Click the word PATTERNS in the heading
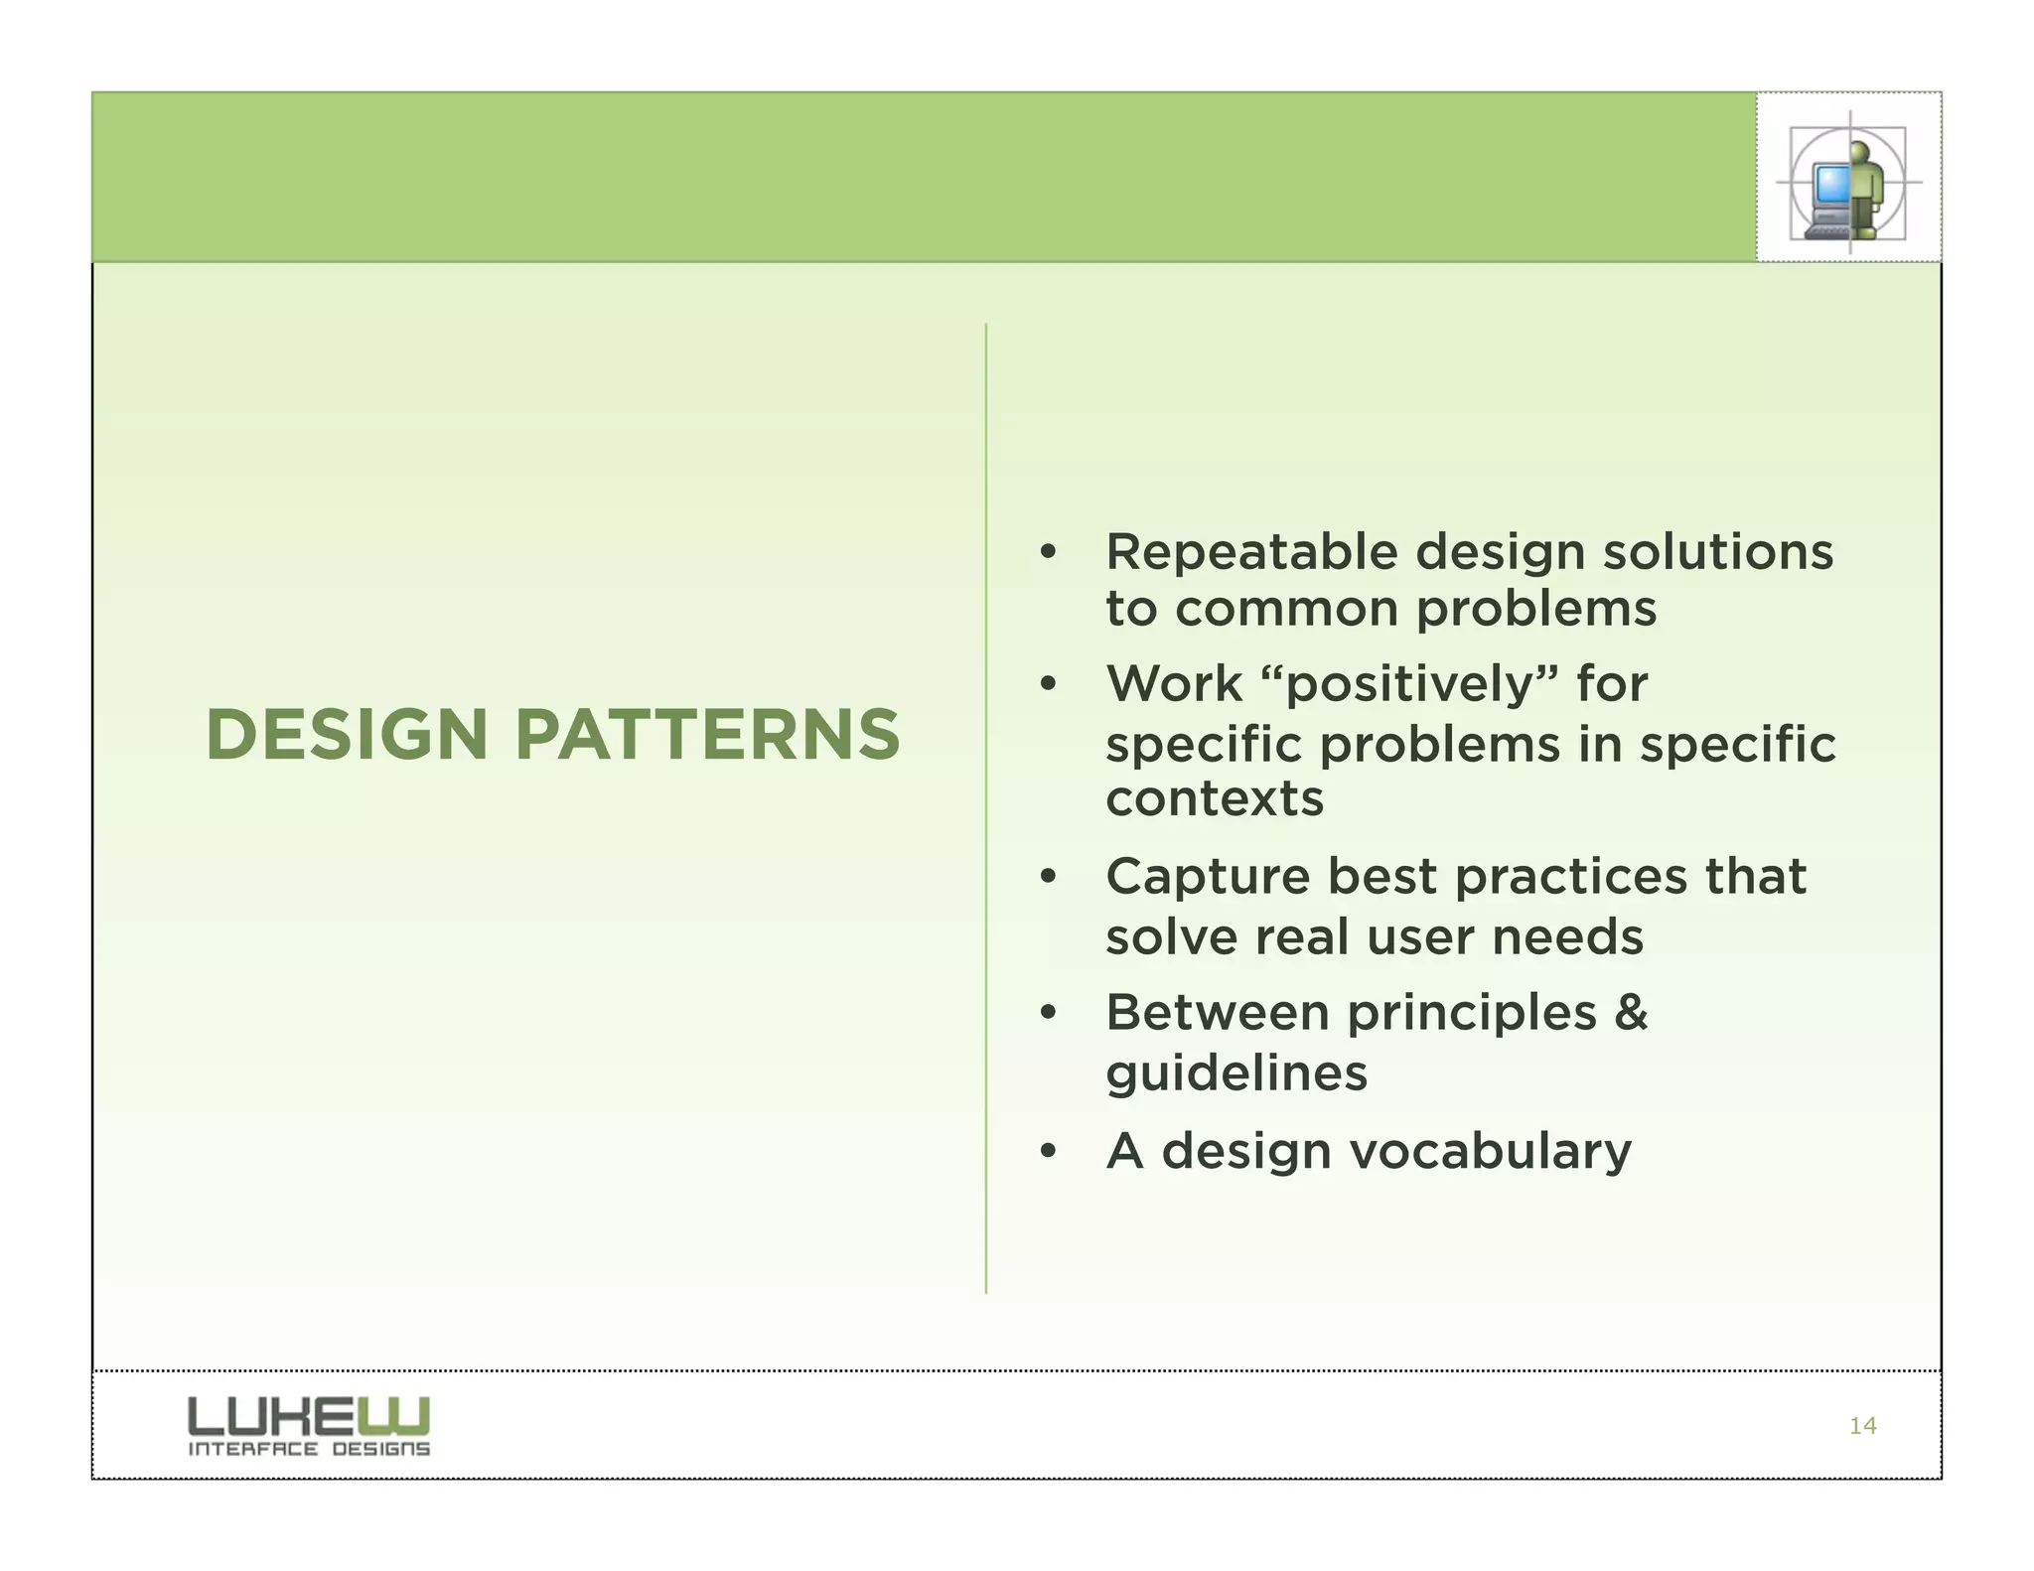[707, 736]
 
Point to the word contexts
[1214, 799]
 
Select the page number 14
[1862, 1426]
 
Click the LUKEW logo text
[309, 1416]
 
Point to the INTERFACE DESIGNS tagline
[309, 1449]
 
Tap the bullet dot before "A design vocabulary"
[1048, 1153]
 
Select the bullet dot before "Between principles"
[1048, 1014]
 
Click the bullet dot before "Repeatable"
[1048, 553]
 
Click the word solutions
[1718, 552]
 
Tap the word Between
[1217, 1014]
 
